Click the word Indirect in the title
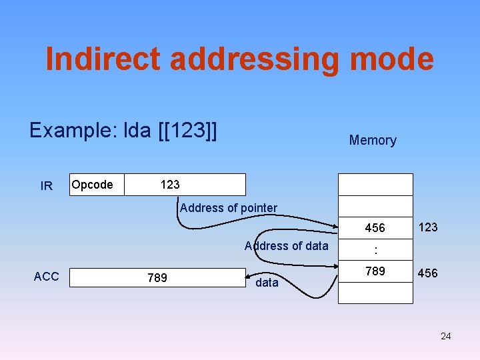tap(103, 59)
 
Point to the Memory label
tap(373, 140)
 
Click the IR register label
tap(47, 186)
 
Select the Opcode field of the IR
tap(92, 185)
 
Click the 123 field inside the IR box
tap(170, 185)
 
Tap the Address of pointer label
tap(229, 208)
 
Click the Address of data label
tap(287, 246)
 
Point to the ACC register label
tap(46, 277)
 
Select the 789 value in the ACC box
tap(157, 277)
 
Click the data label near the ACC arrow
tap(267, 283)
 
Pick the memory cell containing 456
tap(375, 228)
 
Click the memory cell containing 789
tap(375, 272)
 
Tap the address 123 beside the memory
tap(427, 227)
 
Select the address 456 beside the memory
tap(427, 273)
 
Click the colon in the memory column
tap(375, 251)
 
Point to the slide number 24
tap(445, 336)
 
